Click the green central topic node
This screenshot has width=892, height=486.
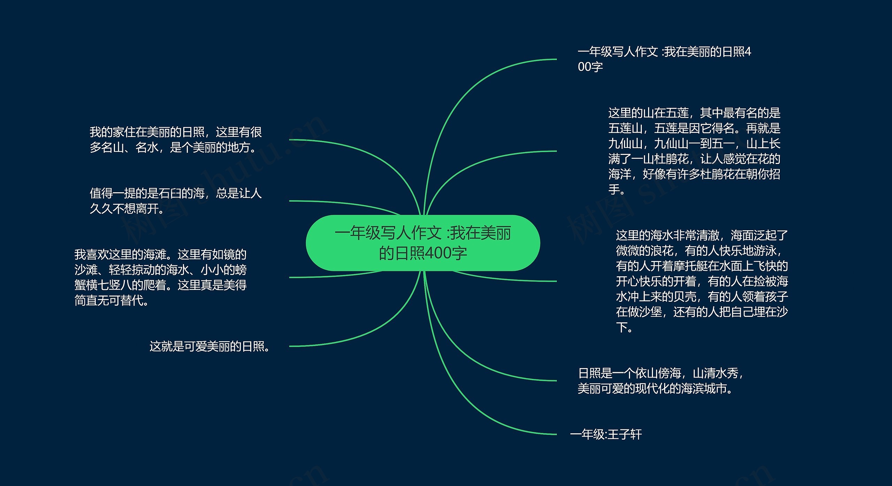pos(423,243)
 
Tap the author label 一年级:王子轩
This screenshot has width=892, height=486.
pos(606,434)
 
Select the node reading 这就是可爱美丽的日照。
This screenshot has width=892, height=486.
pos(209,346)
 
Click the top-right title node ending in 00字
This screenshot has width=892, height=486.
pos(664,59)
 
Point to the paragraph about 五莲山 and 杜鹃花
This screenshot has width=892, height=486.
pos(694,151)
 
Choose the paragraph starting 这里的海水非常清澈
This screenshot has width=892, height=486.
pos(702,281)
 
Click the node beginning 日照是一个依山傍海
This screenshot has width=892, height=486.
pos(661,381)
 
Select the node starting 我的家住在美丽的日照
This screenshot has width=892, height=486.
pos(176,140)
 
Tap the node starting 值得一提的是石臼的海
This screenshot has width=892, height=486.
pos(176,201)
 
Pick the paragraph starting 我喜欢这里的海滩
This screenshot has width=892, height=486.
pos(161,277)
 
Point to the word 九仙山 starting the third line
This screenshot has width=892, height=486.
pos(625,144)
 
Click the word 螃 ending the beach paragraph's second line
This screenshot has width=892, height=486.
pos(241,270)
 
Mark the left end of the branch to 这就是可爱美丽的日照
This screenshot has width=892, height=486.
pos(290,346)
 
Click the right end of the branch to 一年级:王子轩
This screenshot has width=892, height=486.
pos(556,434)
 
